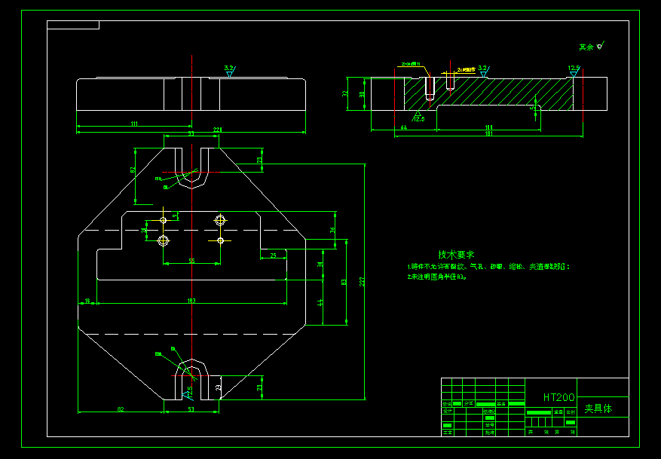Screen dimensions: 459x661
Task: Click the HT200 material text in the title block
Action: [558, 397]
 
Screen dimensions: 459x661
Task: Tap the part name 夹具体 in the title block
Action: [598, 409]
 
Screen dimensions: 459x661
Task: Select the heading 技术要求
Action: [457, 255]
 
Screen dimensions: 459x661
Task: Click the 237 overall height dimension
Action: [363, 281]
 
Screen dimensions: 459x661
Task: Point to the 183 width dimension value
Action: [191, 301]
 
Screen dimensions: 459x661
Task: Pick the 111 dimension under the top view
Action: [133, 123]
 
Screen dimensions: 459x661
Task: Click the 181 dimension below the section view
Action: [488, 134]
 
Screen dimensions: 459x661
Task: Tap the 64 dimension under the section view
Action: [403, 127]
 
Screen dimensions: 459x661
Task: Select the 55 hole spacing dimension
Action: [191, 261]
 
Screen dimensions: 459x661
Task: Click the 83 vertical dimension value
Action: [344, 283]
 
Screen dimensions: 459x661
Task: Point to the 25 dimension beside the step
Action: [273, 256]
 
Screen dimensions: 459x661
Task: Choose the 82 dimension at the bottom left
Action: [120, 409]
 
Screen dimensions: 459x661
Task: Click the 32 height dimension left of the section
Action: [345, 94]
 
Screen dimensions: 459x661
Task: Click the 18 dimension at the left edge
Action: [87, 301]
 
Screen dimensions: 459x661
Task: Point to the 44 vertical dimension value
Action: [320, 301]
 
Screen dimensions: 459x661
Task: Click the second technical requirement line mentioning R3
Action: [437, 277]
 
